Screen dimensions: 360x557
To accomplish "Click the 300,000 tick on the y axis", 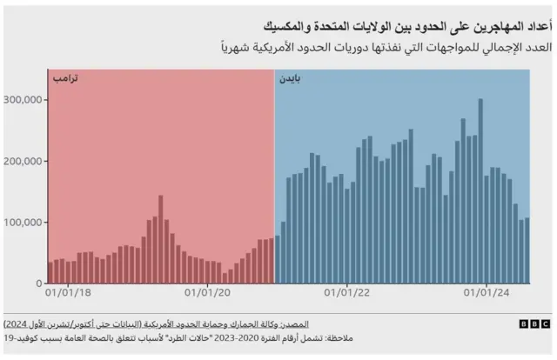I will pyautogui.click(x=23, y=99).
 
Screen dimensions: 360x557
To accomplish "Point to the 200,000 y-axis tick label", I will pyautogui.click(x=23, y=161).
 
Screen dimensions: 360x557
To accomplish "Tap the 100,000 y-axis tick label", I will pyautogui.click(x=23, y=223).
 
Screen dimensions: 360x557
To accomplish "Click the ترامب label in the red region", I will pyautogui.click(x=64, y=79).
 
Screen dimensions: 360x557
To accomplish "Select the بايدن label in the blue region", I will pyautogui.click(x=291, y=79).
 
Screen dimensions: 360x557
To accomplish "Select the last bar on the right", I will pyautogui.click(x=527, y=250).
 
